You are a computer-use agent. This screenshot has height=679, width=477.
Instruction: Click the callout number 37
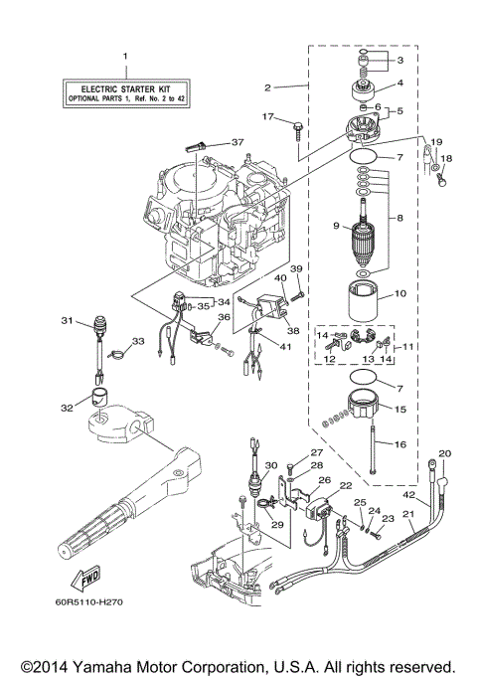pos(237,142)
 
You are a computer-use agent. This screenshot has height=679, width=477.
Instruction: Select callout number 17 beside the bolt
pos(266,117)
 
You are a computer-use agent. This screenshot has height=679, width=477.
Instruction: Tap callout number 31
pos(67,320)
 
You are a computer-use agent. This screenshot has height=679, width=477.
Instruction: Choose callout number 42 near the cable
pos(407,494)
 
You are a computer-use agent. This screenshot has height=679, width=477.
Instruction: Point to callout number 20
pos(445,453)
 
